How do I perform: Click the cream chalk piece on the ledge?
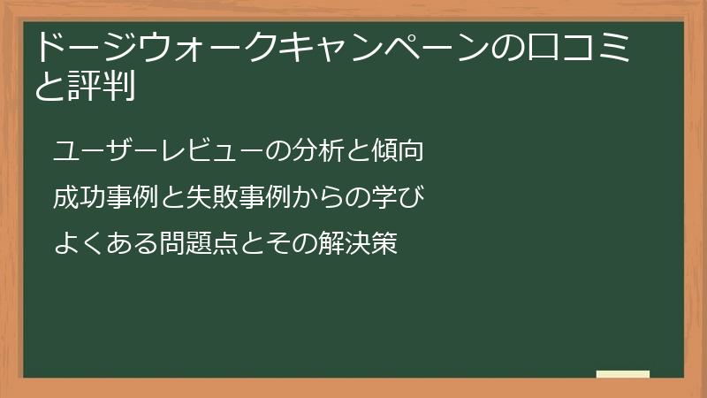(x=623, y=374)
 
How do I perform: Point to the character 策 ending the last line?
(x=384, y=242)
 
